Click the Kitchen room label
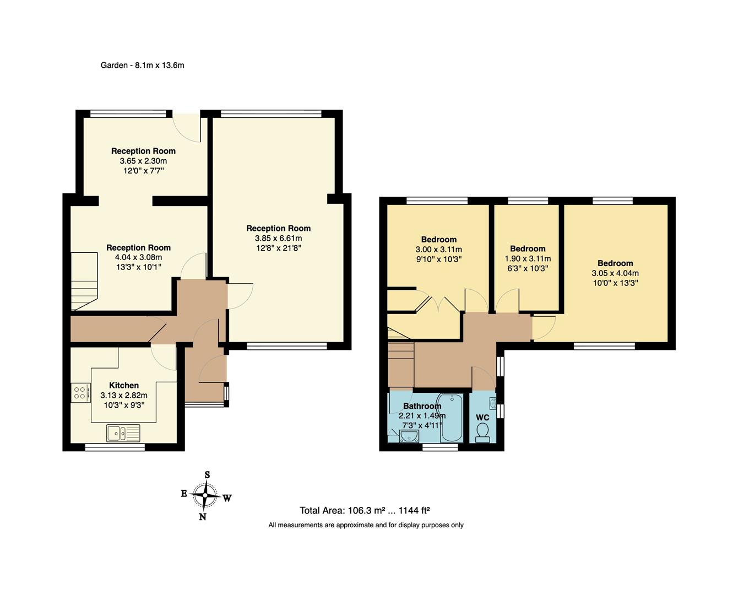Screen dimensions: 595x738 [124, 385]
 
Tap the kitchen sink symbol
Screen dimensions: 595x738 [123, 433]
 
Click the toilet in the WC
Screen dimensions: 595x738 [482, 432]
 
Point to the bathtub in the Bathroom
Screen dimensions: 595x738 [451, 418]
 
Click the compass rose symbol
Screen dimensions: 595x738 [205, 496]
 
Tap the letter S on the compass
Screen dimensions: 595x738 [207, 474]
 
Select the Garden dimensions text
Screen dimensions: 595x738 [142, 65]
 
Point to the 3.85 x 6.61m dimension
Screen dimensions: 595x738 [278, 238]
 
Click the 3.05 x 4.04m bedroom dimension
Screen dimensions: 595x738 [615, 273]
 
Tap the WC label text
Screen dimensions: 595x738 [482, 418]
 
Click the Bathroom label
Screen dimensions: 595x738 [422, 406]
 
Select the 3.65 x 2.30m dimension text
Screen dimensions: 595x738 [143, 161]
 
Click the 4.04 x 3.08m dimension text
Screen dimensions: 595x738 [138, 257]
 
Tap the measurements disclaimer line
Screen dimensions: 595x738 [366, 525]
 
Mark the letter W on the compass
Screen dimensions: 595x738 [227, 498]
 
